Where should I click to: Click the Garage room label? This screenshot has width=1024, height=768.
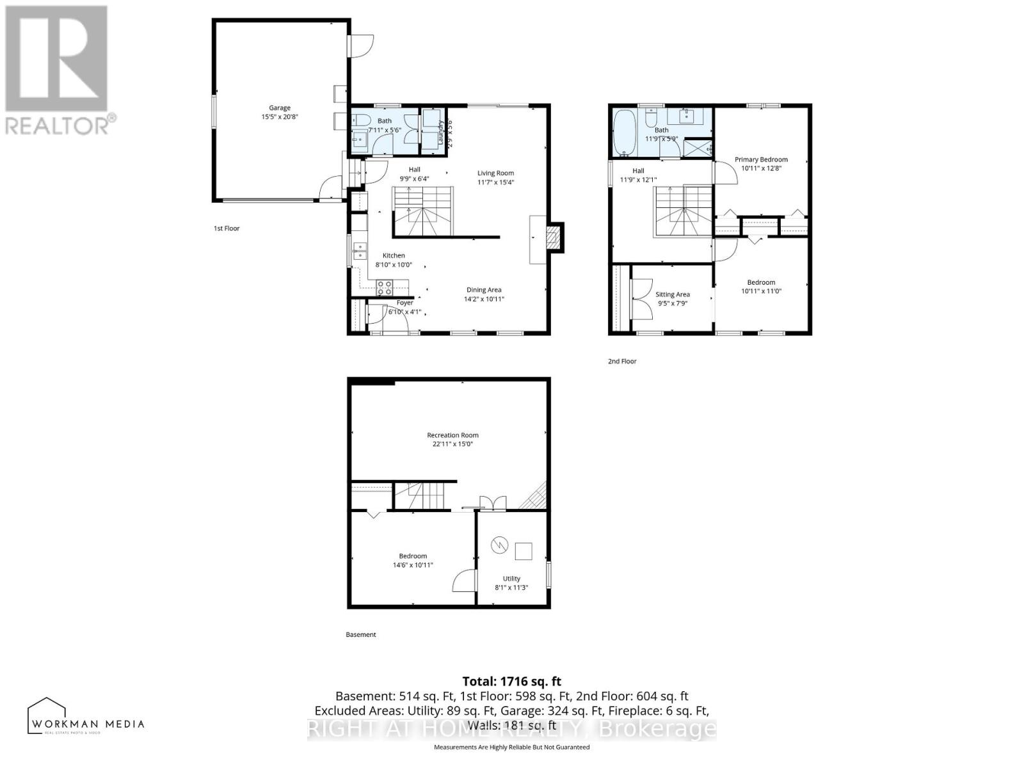(280, 108)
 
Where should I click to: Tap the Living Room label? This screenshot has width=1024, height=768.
(495, 173)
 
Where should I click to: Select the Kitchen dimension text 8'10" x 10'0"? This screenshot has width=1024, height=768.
(393, 264)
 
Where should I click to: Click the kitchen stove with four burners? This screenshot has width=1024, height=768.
(384, 287)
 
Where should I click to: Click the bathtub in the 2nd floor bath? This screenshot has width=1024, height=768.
(624, 132)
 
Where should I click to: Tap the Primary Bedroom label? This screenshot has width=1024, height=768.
(761, 159)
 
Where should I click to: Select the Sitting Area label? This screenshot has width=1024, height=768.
(673, 294)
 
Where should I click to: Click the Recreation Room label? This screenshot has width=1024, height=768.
(452, 435)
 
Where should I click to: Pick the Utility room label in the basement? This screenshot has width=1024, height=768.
(511, 579)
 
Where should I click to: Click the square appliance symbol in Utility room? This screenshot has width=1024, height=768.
(524, 550)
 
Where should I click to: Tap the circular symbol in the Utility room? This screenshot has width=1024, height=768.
(499, 545)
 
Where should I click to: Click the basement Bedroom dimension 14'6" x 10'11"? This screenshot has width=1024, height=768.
(413, 565)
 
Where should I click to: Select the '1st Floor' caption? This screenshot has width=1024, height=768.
(227, 228)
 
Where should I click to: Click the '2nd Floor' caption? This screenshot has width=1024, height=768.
(622, 362)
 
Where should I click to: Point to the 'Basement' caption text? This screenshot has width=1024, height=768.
(361, 635)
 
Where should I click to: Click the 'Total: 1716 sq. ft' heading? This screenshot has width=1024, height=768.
(511, 682)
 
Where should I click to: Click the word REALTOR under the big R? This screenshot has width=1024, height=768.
(58, 125)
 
